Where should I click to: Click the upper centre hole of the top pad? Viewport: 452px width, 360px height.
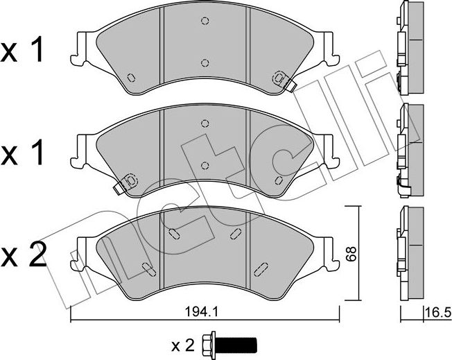[x=205, y=21]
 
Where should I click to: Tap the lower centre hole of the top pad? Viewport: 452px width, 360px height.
[x=205, y=62]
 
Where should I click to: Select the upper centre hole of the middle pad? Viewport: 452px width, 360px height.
[x=205, y=123]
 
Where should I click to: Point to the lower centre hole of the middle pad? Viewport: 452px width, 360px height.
[x=205, y=164]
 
